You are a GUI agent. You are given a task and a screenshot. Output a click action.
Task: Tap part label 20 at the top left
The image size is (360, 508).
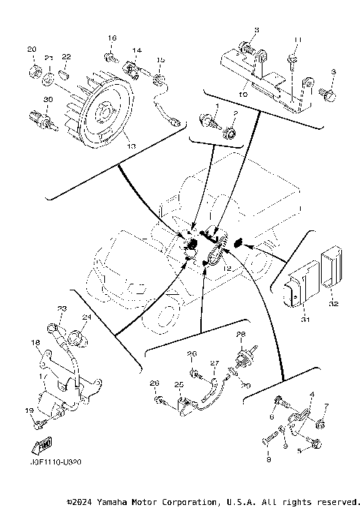pos(32,50)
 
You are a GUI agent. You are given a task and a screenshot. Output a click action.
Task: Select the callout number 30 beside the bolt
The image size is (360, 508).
pos(47,100)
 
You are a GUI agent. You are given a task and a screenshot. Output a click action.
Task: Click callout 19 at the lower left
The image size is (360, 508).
pos(29,410)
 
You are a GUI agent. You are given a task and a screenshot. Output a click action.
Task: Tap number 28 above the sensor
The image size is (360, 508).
pos(241,334)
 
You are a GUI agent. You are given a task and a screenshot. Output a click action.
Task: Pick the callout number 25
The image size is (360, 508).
pos(179,384)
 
